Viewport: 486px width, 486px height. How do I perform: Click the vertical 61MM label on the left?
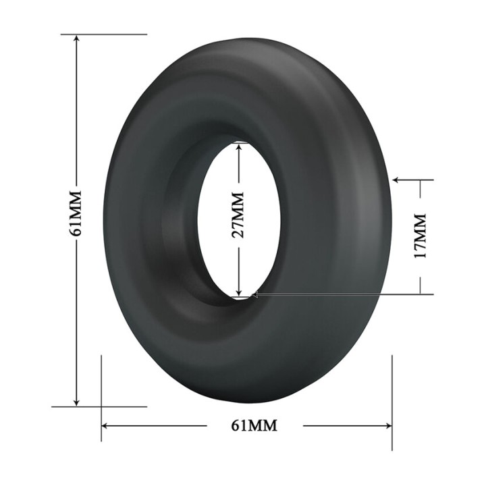(76, 213)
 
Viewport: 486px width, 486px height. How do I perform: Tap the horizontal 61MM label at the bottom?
(254, 425)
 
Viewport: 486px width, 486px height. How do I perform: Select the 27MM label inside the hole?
(238, 215)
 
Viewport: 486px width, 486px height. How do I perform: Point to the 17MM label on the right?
(421, 236)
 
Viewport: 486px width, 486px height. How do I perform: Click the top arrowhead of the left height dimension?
(76, 38)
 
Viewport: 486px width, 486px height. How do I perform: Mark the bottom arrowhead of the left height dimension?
(76, 402)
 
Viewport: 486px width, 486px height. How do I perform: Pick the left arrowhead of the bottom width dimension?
(106, 425)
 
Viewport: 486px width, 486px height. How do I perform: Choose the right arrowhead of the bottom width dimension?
(387, 425)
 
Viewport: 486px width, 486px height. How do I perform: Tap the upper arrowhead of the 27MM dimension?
(239, 146)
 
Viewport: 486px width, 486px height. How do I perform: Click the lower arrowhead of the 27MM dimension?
(239, 292)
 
